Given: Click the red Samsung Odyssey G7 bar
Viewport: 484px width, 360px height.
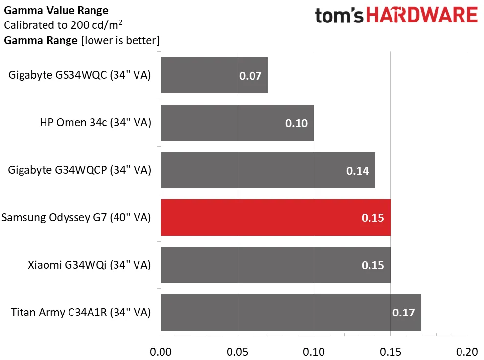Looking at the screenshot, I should point(276,218).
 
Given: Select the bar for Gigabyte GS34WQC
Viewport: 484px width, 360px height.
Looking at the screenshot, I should point(214,75).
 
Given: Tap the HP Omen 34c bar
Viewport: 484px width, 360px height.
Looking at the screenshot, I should point(237,123).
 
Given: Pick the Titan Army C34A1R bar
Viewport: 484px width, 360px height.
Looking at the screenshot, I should point(291,312).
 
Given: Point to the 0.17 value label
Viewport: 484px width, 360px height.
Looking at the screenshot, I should point(403,313).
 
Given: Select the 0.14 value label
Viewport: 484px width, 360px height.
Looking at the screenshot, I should point(357,171).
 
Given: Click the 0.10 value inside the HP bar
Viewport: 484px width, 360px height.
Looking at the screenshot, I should point(297,123).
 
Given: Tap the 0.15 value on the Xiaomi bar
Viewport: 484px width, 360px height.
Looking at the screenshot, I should point(372,265).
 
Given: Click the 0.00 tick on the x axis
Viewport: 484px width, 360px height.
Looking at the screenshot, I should point(161,351).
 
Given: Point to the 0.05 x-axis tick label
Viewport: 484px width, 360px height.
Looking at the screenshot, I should point(237,351).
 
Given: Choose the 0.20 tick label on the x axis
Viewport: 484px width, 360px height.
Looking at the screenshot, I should point(467,351).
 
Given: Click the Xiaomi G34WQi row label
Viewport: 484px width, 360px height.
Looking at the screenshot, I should point(89,265).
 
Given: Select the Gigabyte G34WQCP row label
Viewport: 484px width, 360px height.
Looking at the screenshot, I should point(79,170).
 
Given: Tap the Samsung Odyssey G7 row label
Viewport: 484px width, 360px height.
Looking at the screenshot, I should point(76,218).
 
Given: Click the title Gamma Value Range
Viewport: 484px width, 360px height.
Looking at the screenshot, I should point(56,10).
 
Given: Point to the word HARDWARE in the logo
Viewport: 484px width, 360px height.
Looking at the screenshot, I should point(422,15).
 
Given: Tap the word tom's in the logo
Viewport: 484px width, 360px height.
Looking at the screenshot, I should point(340,16).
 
